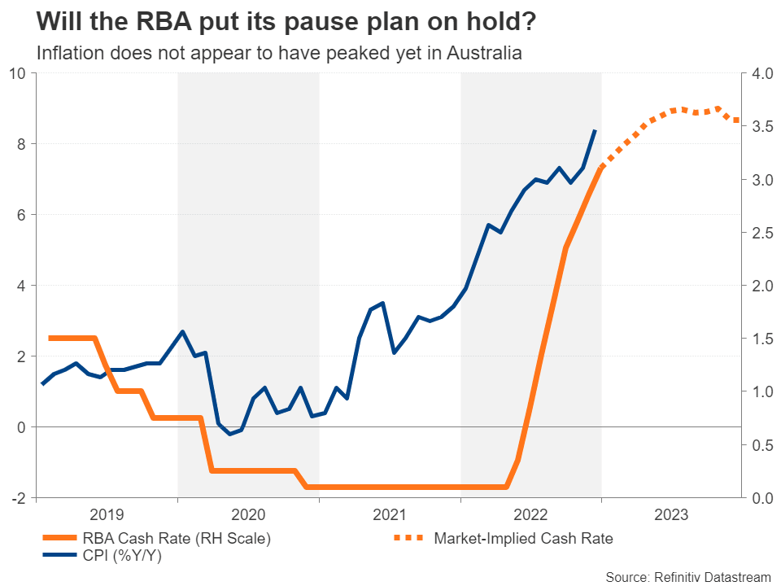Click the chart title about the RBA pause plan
coord(286,22)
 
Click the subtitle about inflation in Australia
coord(279,54)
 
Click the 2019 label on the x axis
coord(107,514)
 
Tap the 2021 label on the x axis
coord(390,514)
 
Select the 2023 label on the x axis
coord(672,514)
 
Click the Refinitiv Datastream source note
coord(688,576)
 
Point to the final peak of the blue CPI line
coord(596,130)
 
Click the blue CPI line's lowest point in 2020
coord(229,434)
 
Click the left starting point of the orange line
coord(50,338)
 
